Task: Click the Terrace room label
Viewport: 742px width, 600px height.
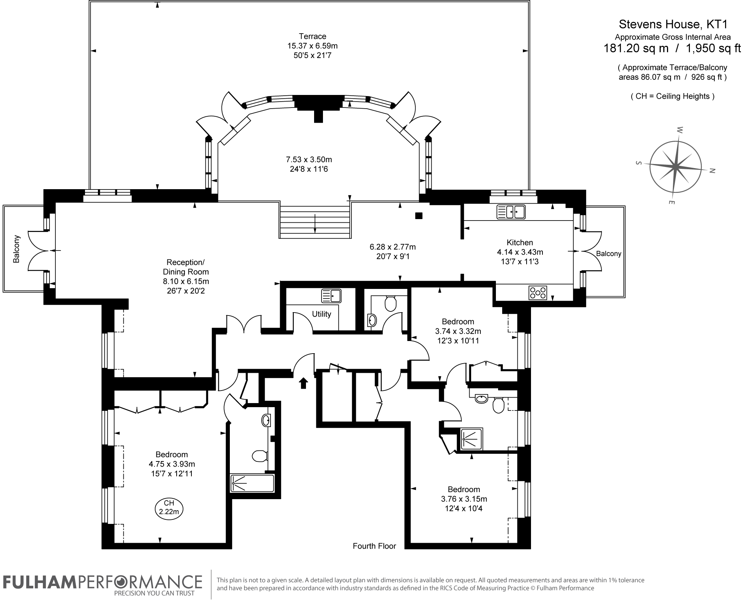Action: pos(313,36)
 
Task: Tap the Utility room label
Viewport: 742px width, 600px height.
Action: pos(321,314)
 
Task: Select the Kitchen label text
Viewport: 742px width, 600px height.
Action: pos(520,242)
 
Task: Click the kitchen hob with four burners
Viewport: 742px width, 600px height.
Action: pos(538,293)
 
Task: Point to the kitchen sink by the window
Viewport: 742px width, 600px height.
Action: pos(511,212)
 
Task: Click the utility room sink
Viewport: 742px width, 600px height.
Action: pos(331,296)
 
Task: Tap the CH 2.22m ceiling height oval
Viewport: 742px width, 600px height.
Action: pos(169,507)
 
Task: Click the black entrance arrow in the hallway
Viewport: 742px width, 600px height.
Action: pos(303,383)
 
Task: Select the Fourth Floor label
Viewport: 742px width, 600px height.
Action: pos(374,546)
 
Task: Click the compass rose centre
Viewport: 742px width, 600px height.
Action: pos(675,167)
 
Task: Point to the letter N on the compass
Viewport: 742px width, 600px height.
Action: pos(713,171)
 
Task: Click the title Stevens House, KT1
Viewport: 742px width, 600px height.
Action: pos(673,24)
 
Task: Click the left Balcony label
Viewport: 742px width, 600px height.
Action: pos(16,249)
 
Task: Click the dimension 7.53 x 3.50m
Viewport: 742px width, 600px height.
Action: pos(309,160)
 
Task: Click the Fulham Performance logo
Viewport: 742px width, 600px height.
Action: pos(103,585)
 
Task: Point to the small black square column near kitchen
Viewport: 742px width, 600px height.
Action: pos(419,216)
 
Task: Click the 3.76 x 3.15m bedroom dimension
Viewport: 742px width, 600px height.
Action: pos(464,499)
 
